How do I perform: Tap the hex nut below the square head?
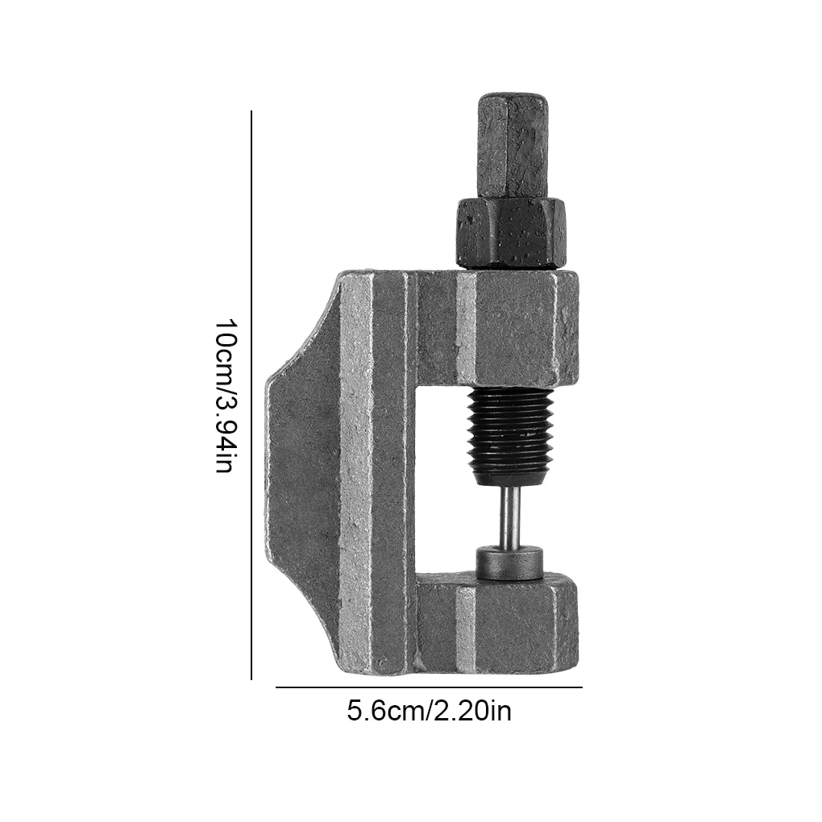click(x=512, y=233)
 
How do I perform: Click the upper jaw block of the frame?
click(x=498, y=328)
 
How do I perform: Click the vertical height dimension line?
click(x=251, y=395)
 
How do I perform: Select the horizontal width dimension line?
click(x=429, y=687)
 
